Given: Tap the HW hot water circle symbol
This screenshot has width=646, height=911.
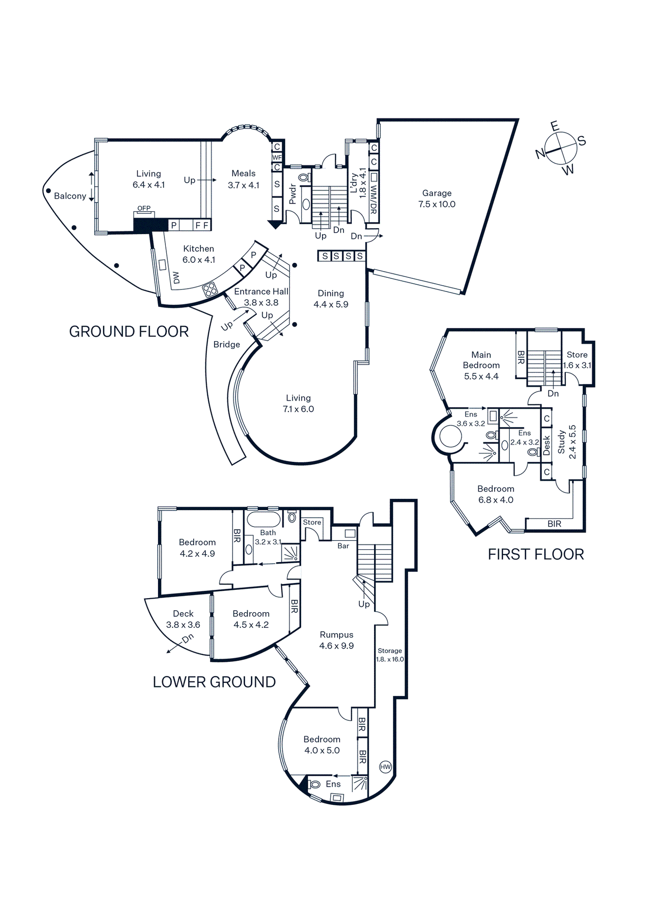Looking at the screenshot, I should pos(385,767).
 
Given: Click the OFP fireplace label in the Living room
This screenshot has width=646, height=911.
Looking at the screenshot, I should pos(144,208).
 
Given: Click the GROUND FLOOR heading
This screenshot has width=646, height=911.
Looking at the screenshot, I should pos(129,332).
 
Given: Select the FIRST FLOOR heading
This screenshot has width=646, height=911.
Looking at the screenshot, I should pos(536,554).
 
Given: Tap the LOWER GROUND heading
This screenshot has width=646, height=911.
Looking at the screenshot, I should pos(214,682).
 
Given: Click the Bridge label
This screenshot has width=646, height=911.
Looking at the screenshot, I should pos(227,345).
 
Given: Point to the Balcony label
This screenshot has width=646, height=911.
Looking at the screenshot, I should pos(70,196).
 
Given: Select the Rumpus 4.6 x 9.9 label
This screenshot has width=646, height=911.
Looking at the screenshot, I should pos(336,640).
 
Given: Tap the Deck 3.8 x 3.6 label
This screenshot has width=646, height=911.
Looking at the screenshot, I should pos(183,619).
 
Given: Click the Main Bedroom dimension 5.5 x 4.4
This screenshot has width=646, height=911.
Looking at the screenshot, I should pos(481,376).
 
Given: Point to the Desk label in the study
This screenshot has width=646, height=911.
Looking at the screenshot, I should pos(546,445).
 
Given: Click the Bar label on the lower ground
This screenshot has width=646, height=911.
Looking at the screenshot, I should pos(343,546).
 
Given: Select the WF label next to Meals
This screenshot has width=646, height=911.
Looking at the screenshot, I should pos(277,158).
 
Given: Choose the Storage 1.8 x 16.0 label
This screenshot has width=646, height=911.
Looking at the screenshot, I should pos(390,655).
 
